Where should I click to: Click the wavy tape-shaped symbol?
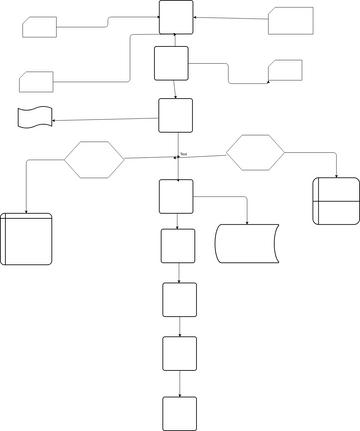[x=34, y=117]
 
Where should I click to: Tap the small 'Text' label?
[x=184, y=153]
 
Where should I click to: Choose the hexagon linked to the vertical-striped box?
[x=94, y=158]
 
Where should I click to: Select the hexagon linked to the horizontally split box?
[x=255, y=152]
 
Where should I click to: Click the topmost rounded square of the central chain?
[x=177, y=17]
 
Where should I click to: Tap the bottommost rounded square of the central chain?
[x=179, y=412]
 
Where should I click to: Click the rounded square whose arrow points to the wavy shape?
[x=177, y=115]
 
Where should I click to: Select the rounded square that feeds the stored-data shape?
[x=176, y=196]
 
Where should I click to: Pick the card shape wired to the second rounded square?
[x=286, y=70]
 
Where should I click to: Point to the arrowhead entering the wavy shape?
[x=53, y=121]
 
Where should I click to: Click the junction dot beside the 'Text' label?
[x=175, y=158]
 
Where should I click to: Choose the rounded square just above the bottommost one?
[x=179, y=353]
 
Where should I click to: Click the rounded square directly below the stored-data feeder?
[x=178, y=245]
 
